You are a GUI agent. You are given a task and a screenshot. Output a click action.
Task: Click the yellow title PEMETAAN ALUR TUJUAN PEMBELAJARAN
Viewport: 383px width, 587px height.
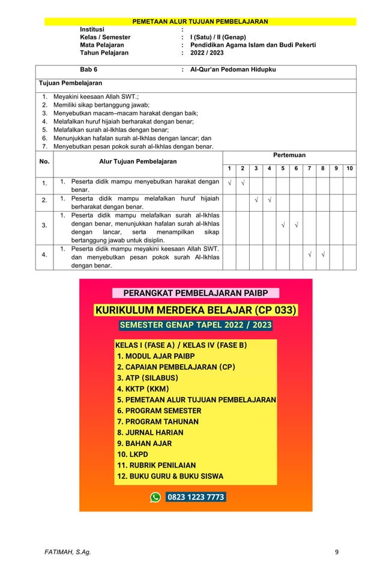pyautogui.click(x=200, y=22)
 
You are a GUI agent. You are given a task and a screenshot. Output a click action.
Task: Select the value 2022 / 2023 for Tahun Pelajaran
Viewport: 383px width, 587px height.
pyautogui.click(x=207, y=53)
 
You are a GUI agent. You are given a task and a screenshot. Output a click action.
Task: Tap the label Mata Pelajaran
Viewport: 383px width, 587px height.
pyautogui.click(x=102, y=45)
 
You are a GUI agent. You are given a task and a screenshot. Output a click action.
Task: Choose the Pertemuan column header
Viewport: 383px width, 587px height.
pyautogui.click(x=289, y=155)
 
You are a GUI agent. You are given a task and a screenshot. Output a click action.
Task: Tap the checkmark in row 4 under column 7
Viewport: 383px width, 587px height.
pyautogui.click(x=309, y=254)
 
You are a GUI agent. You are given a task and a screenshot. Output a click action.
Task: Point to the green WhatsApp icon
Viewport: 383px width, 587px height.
pyautogui.click(x=155, y=497)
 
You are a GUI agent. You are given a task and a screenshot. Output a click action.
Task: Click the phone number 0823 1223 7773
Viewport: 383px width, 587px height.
pyautogui.click(x=195, y=497)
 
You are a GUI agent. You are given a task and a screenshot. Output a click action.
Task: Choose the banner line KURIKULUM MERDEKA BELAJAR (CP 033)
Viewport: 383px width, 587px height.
pyautogui.click(x=196, y=310)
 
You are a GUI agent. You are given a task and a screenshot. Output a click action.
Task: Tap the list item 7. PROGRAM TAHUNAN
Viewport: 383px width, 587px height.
pyautogui.click(x=158, y=422)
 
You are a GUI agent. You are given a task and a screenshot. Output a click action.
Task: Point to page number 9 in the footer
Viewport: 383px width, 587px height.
pyautogui.click(x=337, y=568)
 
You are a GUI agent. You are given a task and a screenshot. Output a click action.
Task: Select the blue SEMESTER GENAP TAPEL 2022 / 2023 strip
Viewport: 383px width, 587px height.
pyautogui.click(x=196, y=326)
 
